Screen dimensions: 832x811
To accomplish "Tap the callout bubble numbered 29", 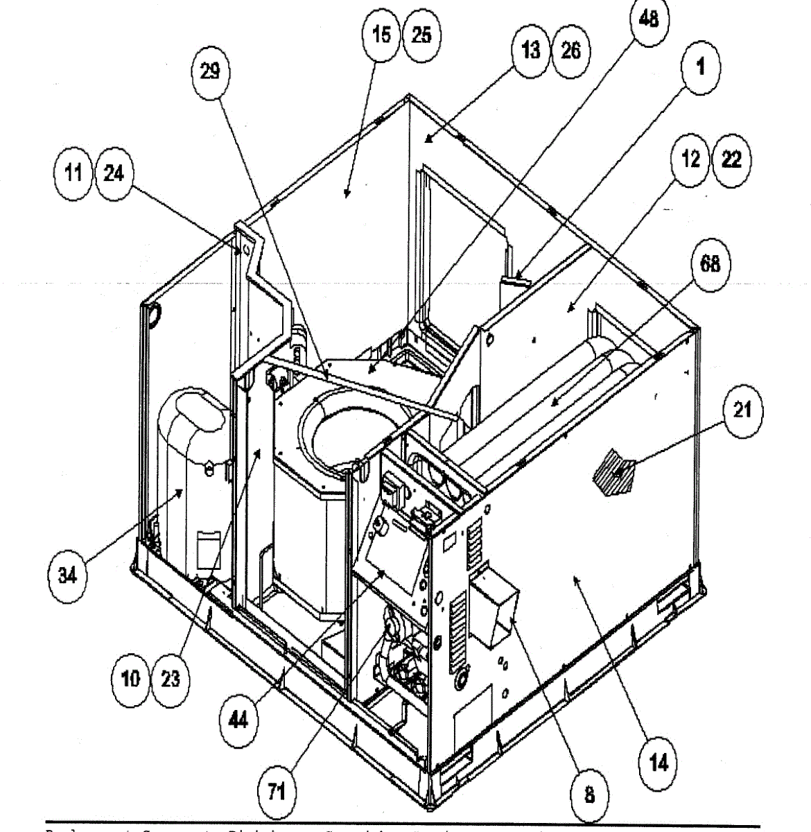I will tap(209, 71).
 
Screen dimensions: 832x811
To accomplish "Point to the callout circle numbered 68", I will tap(709, 265).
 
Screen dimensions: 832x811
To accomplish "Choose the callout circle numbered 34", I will tap(67, 575).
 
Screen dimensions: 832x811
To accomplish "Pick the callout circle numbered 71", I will tap(276, 790).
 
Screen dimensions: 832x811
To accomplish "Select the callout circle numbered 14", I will tap(658, 763).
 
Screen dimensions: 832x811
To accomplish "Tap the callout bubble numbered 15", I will tap(382, 35).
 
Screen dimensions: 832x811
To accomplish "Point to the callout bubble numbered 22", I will tap(731, 160).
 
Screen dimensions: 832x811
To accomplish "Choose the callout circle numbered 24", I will tap(114, 172).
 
